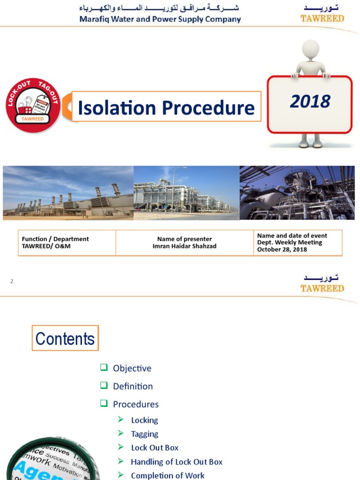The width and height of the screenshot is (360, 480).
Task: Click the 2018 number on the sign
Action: click(x=310, y=101)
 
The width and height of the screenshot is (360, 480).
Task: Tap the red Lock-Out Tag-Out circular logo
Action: click(x=33, y=106)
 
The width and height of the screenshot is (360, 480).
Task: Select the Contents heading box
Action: click(x=65, y=338)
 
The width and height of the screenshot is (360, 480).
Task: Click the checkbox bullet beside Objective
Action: click(x=104, y=368)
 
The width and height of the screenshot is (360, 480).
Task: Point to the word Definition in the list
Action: click(x=133, y=386)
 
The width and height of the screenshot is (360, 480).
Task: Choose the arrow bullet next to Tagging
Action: click(x=121, y=434)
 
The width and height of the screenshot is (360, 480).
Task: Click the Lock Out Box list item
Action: click(x=155, y=448)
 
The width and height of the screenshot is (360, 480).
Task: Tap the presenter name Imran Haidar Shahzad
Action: click(x=184, y=246)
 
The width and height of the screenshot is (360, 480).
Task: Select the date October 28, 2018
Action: click(x=282, y=249)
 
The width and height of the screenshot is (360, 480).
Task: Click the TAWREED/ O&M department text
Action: click(x=46, y=246)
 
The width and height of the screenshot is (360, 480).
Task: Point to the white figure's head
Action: click(x=310, y=49)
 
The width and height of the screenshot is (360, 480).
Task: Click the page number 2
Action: click(x=12, y=281)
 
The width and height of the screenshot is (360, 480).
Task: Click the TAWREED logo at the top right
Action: click(x=322, y=14)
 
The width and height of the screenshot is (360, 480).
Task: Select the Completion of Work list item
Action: click(x=167, y=475)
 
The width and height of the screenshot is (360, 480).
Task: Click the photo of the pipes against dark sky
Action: click(x=297, y=193)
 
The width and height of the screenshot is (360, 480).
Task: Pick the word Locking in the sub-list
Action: click(x=144, y=420)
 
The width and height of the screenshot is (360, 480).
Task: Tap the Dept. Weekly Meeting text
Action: click(x=289, y=242)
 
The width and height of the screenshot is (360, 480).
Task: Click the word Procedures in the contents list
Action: click(x=135, y=404)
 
